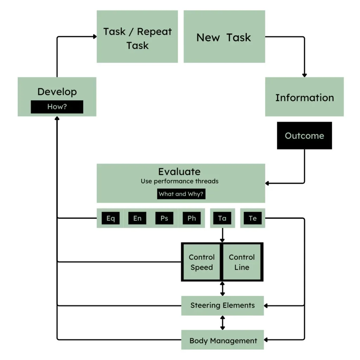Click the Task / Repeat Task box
click(137, 37)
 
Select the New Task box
click(224, 37)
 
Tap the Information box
click(304, 97)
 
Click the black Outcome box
click(304, 135)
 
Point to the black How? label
click(57, 107)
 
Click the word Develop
click(57, 92)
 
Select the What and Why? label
click(181, 194)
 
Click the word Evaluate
click(179, 172)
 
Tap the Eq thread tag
click(110, 218)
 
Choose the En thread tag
click(137, 218)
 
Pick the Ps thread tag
click(164, 218)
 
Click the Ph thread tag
click(192, 218)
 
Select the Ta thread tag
click(222, 218)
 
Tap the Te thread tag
click(252, 218)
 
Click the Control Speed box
click(201, 262)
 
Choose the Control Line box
click(242, 262)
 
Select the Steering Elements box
click(222, 305)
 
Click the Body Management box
click(223, 340)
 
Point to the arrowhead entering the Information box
click(304, 75)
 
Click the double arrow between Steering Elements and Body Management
click(222, 322)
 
